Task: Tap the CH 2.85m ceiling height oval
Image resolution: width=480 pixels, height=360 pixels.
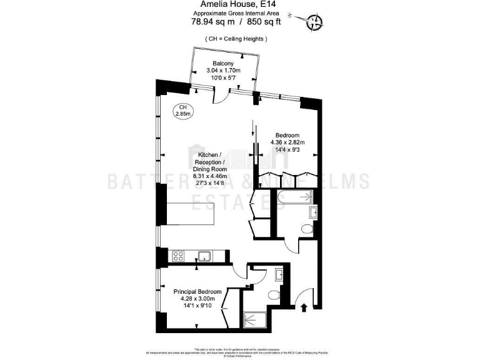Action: click(184, 111)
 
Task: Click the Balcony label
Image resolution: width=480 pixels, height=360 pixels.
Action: click(223, 64)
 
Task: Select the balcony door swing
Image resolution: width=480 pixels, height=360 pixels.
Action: click(220, 95)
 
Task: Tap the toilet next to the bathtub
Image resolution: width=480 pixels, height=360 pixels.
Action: click(306, 229)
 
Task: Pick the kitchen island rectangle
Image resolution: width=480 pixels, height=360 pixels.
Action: click(191, 215)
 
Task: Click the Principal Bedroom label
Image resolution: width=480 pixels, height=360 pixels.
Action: click(197, 292)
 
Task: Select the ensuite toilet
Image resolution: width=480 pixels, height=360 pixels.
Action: click(273, 296)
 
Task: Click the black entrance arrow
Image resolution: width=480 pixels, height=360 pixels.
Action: click(304, 307)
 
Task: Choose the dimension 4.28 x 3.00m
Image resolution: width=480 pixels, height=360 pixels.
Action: click(197, 299)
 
